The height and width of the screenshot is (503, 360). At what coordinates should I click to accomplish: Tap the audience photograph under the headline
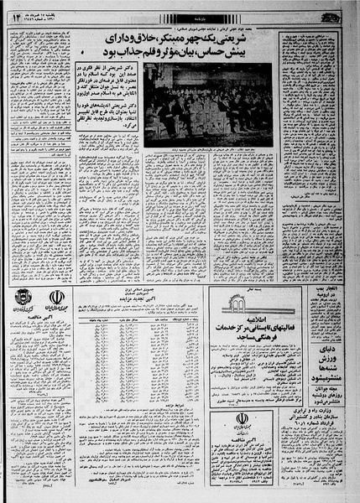[x=207, y=104]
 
